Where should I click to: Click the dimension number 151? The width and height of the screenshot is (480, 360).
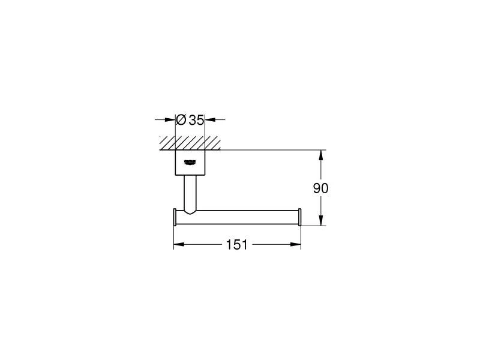click(x=236, y=245)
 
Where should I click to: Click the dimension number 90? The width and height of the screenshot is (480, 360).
click(x=320, y=188)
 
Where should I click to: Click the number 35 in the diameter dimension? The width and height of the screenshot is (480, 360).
click(x=196, y=120)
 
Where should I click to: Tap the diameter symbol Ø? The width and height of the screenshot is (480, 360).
click(x=181, y=119)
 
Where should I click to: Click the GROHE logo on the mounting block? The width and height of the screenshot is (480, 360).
click(x=190, y=162)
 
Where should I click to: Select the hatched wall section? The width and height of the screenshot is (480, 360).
click(x=190, y=143)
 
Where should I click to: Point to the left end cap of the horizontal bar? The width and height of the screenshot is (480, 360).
click(x=175, y=217)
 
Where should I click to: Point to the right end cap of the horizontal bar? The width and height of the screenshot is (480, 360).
click(x=300, y=217)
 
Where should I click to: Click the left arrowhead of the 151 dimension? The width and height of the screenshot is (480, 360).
click(x=179, y=244)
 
